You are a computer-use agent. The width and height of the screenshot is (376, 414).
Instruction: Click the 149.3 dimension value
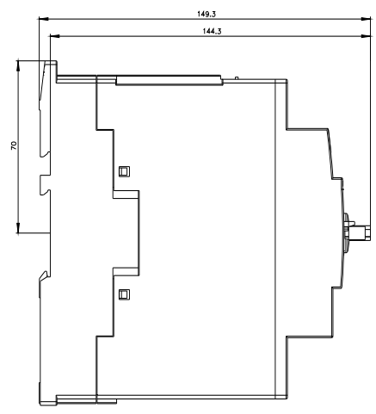click(206, 14)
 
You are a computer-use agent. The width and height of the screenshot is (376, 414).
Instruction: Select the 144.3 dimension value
click(212, 31)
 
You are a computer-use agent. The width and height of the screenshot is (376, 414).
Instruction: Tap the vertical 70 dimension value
click(14, 145)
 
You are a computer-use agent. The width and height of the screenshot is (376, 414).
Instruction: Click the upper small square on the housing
click(124, 171)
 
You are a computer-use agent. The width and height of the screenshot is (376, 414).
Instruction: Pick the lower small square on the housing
click(124, 294)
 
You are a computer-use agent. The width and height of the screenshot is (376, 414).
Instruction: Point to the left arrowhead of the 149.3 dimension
click(43, 19)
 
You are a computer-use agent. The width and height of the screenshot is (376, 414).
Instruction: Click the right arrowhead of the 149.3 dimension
click(366, 19)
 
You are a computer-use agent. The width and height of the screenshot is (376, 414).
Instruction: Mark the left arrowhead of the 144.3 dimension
click(55, 36)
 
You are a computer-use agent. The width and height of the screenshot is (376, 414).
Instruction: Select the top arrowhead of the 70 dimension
click(18, 65)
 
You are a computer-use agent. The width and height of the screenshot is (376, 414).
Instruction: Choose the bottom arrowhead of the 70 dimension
click(18, 228)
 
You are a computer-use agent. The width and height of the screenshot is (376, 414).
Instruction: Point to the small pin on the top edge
click(237, 77)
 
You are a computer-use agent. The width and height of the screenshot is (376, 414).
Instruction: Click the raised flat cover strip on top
click(170, 80)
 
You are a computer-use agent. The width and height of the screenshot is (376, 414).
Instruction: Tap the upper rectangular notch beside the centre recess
click(126, 195)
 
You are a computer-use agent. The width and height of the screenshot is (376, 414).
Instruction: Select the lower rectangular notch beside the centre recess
click(126, 272)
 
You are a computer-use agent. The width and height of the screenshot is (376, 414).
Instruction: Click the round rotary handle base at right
click(347, 232)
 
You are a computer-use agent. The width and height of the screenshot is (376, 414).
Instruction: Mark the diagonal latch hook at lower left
click(44, 275)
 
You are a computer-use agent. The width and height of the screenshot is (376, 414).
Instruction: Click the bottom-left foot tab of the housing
click(48, 400)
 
